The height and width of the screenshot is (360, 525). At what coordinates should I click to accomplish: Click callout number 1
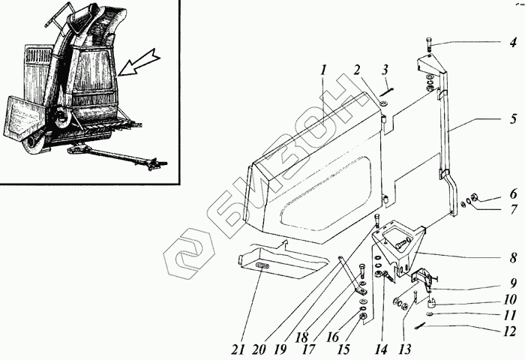[324, 71]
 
